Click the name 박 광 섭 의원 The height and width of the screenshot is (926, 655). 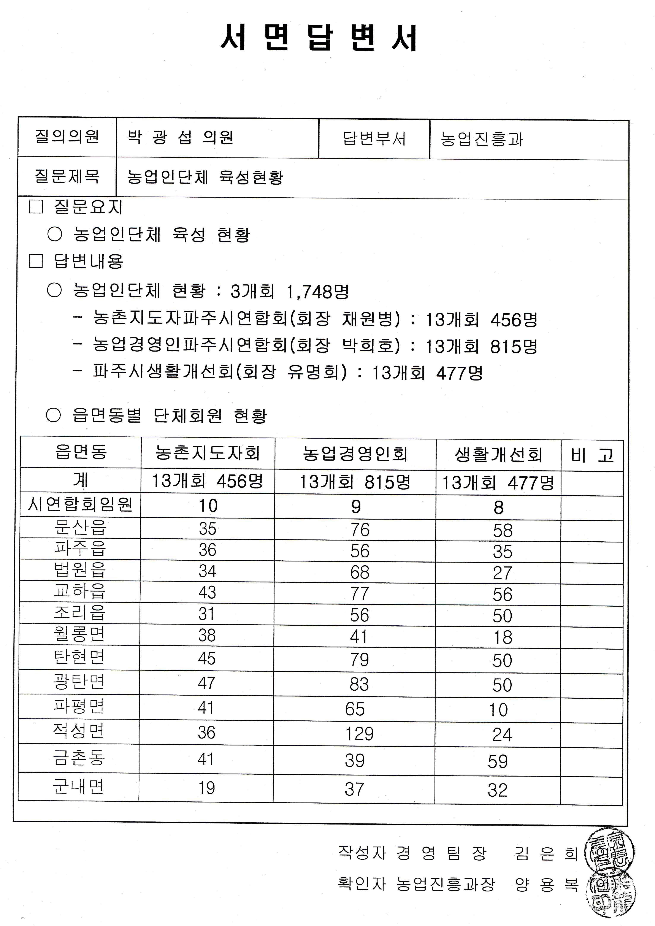(180, 138)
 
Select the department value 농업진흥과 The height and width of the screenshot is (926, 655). (482, 139)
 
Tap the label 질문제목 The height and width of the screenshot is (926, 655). (67, 176)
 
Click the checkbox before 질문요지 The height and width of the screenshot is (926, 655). (36, 207)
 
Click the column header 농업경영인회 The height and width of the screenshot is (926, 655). (355, 454)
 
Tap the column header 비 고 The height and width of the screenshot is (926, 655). (592, 455)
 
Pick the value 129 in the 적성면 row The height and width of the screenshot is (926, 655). (359, 734)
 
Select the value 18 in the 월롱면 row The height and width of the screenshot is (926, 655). (503, 637)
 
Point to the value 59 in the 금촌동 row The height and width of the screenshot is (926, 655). (498, 761)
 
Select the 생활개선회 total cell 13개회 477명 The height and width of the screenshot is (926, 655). (498, 482)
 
